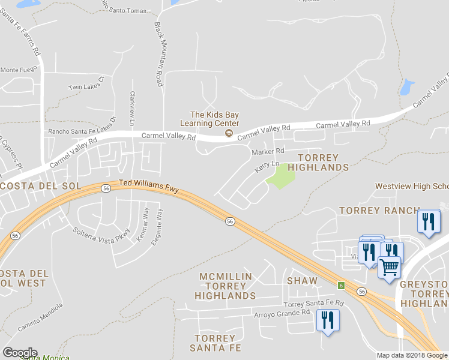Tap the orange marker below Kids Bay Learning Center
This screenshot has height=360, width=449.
[x=228, y=133]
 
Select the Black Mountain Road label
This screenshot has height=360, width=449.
[x=159, y=55]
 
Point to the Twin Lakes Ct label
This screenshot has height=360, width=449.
[x=86, y=83]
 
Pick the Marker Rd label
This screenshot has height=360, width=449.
[x=268, y=151]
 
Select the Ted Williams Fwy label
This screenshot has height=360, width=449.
[x=149, y=186]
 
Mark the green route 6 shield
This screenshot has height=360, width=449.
[x=341, y=285]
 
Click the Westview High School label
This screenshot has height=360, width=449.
[x=411, y=186]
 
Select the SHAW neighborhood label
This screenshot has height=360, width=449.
[x=302, y=281]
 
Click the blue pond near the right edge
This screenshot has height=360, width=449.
[x=406, y=88]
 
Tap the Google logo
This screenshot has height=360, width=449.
[x=20, y=353]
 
